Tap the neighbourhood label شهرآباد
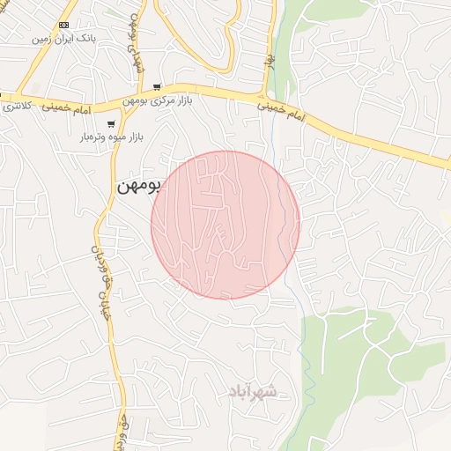click(x=253, y=390)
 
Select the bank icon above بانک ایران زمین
click(x=63, y=25)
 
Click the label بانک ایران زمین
click(x=63, y=40)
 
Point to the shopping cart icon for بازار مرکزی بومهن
click(x=157, y=87)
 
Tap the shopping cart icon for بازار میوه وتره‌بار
click(x=111, y=124)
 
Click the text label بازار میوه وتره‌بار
click(x=111, y=138)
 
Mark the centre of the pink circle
click(x=225, y=225)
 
